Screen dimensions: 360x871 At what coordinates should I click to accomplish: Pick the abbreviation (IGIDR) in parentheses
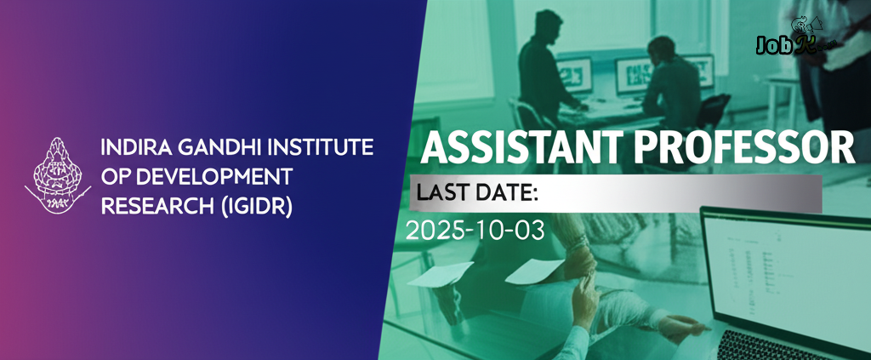pos(255,207)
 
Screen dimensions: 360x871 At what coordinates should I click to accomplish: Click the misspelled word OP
pos(115,177)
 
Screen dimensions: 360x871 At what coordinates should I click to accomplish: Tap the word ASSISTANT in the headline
pos(515,148)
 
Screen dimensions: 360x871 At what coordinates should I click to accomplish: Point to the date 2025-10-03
pos(475,230)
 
